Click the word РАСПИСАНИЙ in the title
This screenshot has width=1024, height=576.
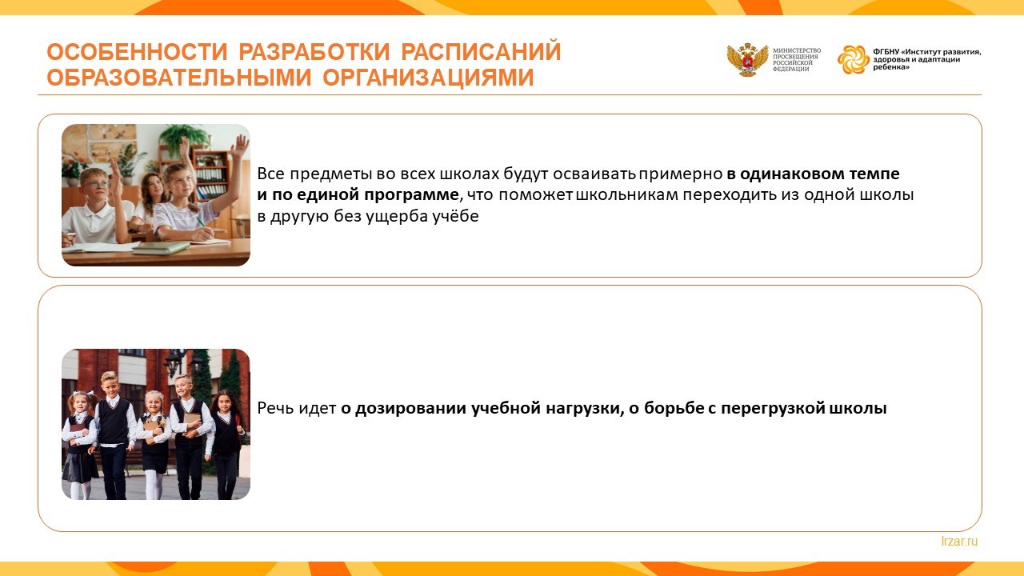click(x=481, y=52)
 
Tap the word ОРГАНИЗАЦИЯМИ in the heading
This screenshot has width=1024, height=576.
click(x=428, y=78)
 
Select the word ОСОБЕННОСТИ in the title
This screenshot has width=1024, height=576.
click(x=137, y=52)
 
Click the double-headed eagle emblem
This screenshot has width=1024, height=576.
click(x=747, y=59)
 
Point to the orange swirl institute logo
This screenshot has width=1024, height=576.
click(x=853, y=59)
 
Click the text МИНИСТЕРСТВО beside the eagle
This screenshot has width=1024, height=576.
click(x=797, y=50)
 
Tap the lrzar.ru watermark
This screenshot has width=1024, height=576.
click(x=959, y=542)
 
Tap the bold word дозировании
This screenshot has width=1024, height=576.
click(x=411, y=408)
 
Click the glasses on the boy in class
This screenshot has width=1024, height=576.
click(x=96, y=184)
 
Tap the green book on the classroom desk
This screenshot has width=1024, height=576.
click(x=161, y=248)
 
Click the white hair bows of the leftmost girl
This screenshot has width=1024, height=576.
click(x=82, y=394)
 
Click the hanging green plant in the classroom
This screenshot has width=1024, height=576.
click(x=183, y=136)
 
